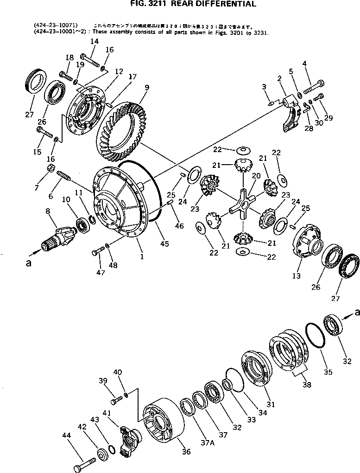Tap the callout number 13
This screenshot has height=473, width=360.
[x=296, y=276]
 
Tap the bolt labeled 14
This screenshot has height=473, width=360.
[x=91, y=60]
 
